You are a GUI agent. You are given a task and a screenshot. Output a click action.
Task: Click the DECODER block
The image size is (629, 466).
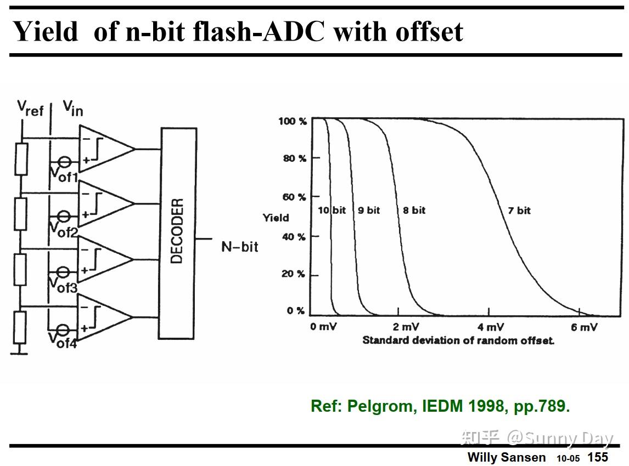[x=177, y=233]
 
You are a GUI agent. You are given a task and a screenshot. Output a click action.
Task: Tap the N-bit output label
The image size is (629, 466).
[x=239, y=247]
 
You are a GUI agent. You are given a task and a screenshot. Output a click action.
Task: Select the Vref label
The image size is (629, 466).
[x=30, y=108]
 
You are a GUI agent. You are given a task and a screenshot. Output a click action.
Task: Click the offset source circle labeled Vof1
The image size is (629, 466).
[x=64, y=162]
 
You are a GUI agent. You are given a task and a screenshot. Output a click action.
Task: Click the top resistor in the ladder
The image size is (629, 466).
[x=21, y=159]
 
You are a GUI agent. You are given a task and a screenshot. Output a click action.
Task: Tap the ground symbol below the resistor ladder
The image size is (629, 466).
[x=20, y=352]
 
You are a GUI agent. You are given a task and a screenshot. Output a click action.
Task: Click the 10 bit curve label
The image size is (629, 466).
[x=332, y=211]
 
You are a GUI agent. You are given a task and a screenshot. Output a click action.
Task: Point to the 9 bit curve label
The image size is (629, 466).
[x=369, y=211]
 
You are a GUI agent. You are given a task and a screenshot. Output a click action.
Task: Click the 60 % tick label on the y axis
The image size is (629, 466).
[x=294, y=197]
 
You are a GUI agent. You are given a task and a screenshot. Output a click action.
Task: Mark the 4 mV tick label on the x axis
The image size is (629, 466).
[x=490, y=327]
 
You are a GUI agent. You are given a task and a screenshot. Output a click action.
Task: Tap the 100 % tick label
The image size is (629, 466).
[x=292, y=121]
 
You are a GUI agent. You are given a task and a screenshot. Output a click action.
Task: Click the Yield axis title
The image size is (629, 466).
[x=276, y=218]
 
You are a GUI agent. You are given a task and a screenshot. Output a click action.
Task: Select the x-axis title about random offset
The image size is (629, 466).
[x=458, y=340]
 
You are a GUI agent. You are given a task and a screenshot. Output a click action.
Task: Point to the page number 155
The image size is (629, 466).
[x=598, y=457]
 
